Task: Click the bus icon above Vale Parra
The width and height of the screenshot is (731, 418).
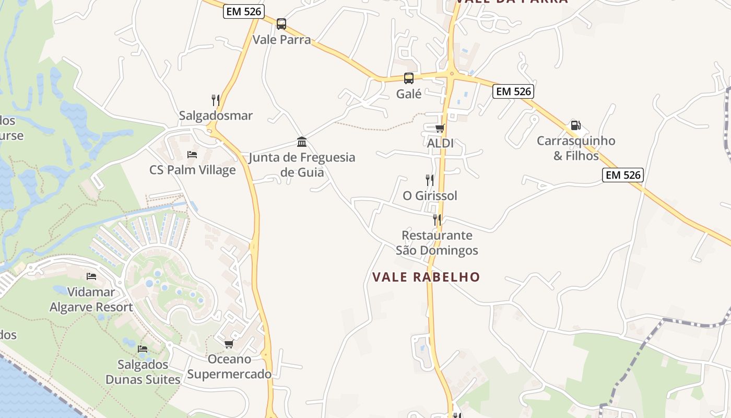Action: click(x=281, y=24)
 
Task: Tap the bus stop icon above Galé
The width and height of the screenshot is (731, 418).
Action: click(x=409, y=78)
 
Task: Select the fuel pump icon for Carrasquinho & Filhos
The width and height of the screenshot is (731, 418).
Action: click(x=575, y=125)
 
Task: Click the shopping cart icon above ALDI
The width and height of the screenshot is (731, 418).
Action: click(x=440, y=128)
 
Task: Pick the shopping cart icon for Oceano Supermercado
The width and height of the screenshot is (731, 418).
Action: click(x=229, y=344)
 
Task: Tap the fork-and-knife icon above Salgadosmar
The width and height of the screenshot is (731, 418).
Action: click(x=215, y=100)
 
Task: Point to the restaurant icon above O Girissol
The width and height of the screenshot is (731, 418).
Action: click(x=430, y=180)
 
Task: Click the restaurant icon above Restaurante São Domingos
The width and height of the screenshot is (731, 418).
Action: click(x=437, y=219)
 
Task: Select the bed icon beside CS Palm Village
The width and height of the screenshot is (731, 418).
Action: click(x=192, y=155)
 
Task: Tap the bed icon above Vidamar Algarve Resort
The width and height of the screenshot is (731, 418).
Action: click(x=91, y=276)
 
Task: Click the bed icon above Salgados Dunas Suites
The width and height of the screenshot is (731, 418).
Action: click(x=143, y=349)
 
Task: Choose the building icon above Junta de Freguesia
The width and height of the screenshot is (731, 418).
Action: click(x=302, y=142)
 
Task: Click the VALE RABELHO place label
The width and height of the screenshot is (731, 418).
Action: click(x=426, y=277)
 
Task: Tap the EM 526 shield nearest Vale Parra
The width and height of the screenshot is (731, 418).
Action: click(x=243, y=11)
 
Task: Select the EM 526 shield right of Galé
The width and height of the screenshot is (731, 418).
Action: click(x=513, y=91)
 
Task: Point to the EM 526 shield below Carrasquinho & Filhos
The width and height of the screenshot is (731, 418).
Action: click(x=622, y=175)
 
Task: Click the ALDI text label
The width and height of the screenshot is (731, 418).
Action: click(x=440, y=143)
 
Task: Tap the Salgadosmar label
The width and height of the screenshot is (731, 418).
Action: click(x=216, y=115)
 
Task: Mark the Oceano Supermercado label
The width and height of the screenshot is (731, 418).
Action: click(x=229, y=367)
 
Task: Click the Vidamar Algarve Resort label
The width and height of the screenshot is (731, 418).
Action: click(x=91, y=299)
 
